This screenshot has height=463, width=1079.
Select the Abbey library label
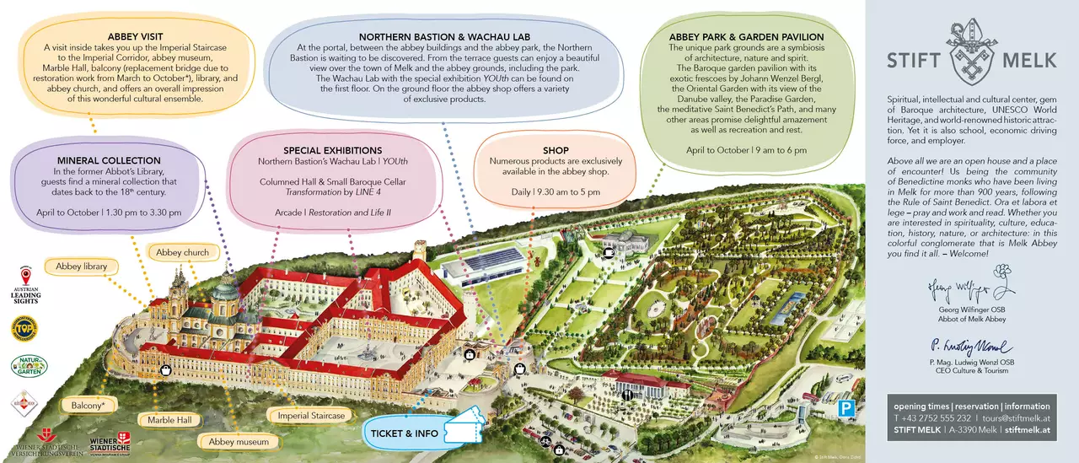(x=80, y=266)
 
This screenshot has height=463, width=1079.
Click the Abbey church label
(x=183, y=252)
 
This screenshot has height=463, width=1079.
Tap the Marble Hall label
(x=169, y=420)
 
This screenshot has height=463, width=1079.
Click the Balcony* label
(x=89, y=406)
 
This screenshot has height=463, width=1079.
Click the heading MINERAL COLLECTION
(x=109, y=160)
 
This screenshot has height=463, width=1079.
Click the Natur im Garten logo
(x=28, y=367)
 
